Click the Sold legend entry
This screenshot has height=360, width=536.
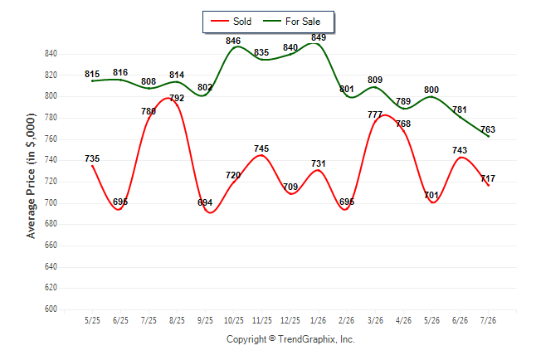point(231,22)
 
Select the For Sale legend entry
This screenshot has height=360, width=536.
point(291,22)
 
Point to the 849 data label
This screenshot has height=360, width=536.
point(319,37)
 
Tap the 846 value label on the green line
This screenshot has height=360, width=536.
point(233,41)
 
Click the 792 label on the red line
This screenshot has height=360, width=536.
point(177,98)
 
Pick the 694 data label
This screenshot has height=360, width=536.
point(205,202)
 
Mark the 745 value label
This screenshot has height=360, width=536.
point(261,148)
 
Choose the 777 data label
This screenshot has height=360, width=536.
point(375,114)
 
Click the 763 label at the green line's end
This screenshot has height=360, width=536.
point(488,129)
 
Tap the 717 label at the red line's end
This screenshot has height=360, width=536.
point(488,178)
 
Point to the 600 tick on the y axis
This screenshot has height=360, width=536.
point(51,309)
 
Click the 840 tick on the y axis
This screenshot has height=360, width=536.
point(51,53)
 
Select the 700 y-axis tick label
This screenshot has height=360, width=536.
point(51,202)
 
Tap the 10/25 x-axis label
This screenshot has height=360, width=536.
point(233,320)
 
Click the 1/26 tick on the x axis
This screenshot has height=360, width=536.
point(319,320)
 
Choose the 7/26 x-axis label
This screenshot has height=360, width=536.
point(488,320)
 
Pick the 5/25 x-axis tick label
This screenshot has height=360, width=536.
point(92,320)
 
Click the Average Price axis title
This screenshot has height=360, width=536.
point(31,176)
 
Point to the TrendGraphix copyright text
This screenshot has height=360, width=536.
point(290,339)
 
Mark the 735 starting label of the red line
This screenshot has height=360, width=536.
point(92,158)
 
